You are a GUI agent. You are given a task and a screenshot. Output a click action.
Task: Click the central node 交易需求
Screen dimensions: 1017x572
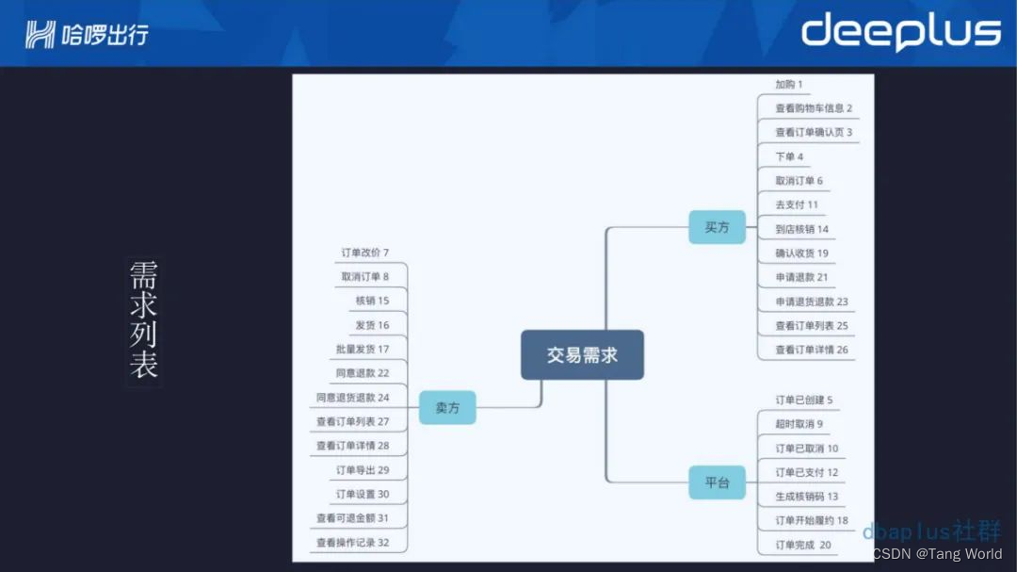tap(582, 354)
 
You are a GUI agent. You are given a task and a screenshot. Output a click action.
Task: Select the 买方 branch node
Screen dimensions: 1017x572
tap(717, 227)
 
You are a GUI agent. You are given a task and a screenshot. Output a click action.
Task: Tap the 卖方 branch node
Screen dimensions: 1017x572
tap(446, 407)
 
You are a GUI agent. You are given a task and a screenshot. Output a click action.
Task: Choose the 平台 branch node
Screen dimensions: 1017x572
tap(717, 482)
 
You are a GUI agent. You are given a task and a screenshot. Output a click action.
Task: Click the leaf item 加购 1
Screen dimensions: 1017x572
tap(788, 85)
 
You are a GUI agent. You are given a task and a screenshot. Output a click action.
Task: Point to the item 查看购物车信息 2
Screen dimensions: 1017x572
tap(813, 108)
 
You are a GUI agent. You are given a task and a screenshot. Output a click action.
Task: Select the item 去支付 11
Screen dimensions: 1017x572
tap(797, 204)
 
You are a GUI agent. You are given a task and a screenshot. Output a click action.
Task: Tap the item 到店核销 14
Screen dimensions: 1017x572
tap(801, 229)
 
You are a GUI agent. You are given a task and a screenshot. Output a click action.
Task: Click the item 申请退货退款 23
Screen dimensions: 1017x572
tap(811, 302)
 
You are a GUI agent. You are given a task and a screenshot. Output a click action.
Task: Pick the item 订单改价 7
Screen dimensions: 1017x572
tap(364, 253)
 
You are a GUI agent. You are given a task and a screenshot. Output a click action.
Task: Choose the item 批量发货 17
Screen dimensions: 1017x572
tap(362, 349)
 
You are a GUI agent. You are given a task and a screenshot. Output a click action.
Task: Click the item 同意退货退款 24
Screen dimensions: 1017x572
tap(352, 398)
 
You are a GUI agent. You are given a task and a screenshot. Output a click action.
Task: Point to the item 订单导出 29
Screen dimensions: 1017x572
tap(362, 469)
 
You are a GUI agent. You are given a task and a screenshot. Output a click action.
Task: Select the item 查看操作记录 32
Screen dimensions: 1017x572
tap(352, 543)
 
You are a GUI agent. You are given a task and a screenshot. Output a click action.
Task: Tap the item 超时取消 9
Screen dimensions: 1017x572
tap(799, 424)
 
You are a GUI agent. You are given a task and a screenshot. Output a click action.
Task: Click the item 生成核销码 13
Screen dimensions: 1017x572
tap(806, 497)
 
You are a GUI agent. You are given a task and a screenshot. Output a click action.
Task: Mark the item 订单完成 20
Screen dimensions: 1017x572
tap(802, 545)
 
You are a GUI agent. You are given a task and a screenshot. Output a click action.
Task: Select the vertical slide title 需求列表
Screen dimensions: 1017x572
tap(143, 320)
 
